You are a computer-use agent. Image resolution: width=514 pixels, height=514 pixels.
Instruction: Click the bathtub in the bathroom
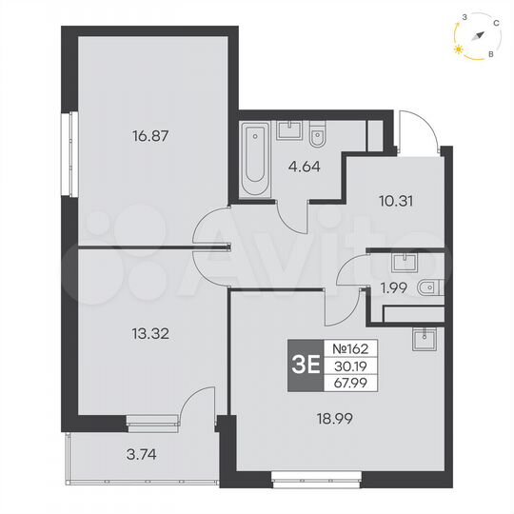[255, 159]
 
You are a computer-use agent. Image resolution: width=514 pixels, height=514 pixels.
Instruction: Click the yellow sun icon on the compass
[460, 45]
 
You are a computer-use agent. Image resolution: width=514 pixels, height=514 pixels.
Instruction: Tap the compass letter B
[490, 55]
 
